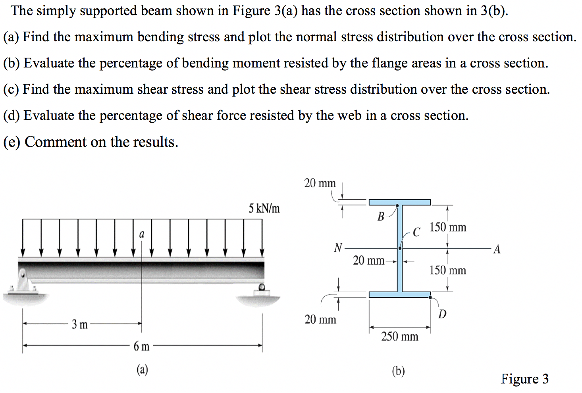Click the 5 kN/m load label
(264, 208)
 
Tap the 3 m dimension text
(79, 324)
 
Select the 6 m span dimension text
(141, 347)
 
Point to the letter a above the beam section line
(142, 234)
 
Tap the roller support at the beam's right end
(261, 289)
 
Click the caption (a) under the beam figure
(142, 370)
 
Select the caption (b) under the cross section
(398, 371)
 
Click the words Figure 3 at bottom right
(524, 379)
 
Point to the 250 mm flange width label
(399, 337)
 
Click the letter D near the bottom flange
(442, 314)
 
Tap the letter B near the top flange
(381, 217)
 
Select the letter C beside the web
(416, 232)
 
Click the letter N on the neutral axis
(338, 248)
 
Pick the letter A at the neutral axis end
(497, 249)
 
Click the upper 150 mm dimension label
(448, 227)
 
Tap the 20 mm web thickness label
(368, 261)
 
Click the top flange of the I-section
(399, 202)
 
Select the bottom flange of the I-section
(399, 295)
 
